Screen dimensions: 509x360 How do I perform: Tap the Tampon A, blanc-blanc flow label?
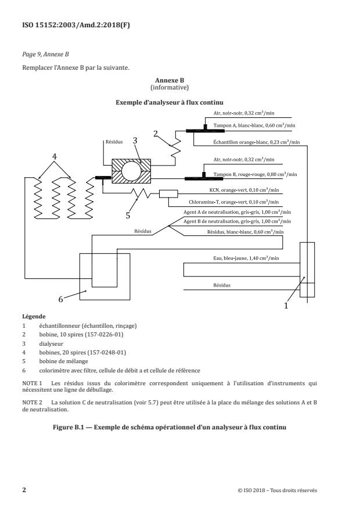point(254,126)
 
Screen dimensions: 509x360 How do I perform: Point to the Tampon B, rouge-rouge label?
point(254,174)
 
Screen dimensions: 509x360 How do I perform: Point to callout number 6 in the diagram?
point(60,299)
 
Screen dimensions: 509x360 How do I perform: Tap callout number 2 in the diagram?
point(155,132)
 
